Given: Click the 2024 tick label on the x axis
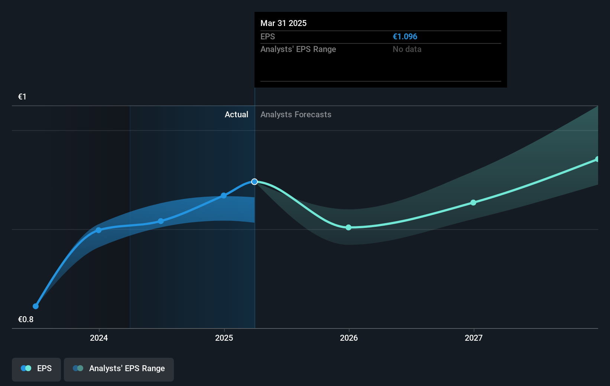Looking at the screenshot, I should coord(99,338).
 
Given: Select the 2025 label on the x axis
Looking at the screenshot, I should coord(224,338).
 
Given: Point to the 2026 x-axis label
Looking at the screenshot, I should coord(349,338).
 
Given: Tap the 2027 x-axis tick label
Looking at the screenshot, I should coord(474,338).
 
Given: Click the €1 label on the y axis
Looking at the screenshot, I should coord(22,97).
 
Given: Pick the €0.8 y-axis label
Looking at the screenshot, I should coord(26,320).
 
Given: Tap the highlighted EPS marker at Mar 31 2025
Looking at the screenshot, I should coord(254,182).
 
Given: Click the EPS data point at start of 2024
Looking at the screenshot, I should coord(99,230).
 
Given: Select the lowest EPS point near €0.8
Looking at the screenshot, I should coord(36,306).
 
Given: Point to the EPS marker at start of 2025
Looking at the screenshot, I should coord(224,196).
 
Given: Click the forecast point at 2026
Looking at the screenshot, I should coord(348,228).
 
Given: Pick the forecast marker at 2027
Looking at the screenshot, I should coord(473,203).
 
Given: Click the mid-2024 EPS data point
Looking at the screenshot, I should coord(161,221).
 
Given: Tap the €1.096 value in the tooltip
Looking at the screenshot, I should coord(405,37).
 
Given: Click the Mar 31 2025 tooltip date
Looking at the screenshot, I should coord(283,23).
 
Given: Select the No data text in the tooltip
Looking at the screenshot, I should coord(407,49).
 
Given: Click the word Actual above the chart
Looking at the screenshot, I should coord(236,115).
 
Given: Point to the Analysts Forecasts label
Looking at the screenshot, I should coord(296,115).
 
